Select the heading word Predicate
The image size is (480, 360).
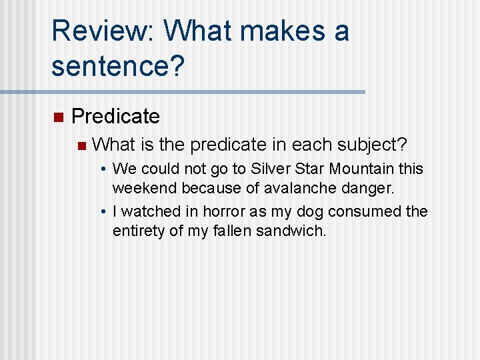pos(115,117)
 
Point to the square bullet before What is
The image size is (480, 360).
pos(81,145)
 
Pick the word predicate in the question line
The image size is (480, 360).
pos(230,145)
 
